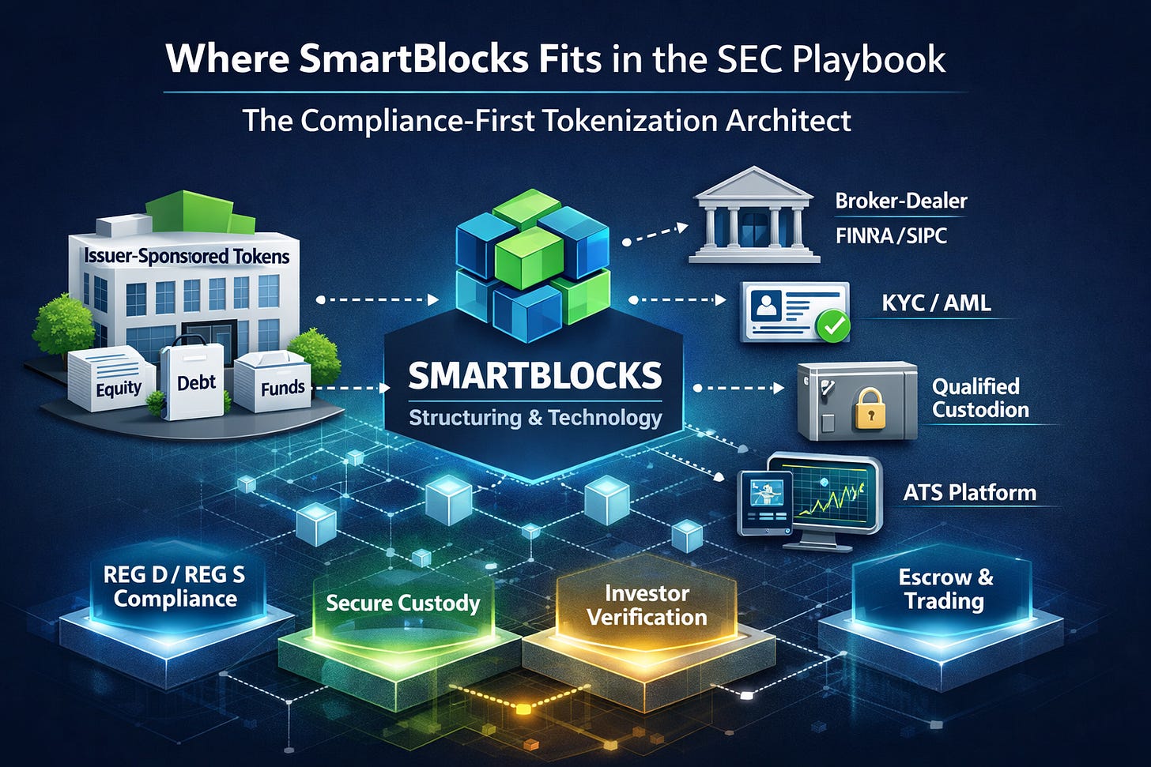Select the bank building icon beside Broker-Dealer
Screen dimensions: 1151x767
point(754,215)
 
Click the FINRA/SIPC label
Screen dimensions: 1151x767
point(891,235)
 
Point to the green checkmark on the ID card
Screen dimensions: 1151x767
point(833,325)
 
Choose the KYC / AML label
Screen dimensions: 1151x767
point(936,303)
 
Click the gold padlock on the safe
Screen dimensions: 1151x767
point(870,408)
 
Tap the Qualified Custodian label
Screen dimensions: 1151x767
point(980,397)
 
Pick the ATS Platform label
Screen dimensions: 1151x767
point(969,493)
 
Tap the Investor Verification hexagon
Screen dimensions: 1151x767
point(647,605)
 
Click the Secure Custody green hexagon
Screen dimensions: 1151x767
point(402,603)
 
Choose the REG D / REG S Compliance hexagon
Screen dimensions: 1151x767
point(175,587)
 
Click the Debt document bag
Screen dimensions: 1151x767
point(194,383)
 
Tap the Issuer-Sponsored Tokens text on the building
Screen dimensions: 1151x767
point(187,256)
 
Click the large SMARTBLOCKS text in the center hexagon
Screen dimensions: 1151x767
point(535,376)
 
